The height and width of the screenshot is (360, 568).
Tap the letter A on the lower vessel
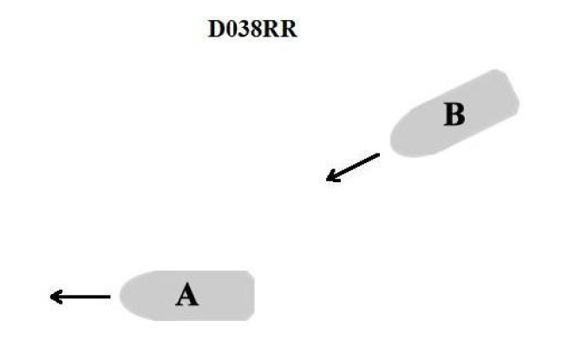pyautogui.click(x=187, y=297)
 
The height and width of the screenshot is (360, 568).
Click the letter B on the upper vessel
pyautogui.click(x=454, y=115)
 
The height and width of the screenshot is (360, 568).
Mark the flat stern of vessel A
pyautogui.click(x=251, y=297)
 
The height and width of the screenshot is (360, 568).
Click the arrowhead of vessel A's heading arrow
pyautogui.click(x=54, y=297)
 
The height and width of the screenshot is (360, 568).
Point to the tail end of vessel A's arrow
pyautogui.click(x=109, y=297)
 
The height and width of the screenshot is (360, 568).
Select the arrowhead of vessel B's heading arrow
pyautogui.click(x=330, y=180)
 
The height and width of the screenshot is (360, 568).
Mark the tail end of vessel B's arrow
pyautogui.click(x=378, y=155)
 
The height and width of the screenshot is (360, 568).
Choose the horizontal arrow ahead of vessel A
pyautogui.click(x=81, y=297)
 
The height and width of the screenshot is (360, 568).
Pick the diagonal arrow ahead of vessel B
pyautogui.click(x=354, y=167)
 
